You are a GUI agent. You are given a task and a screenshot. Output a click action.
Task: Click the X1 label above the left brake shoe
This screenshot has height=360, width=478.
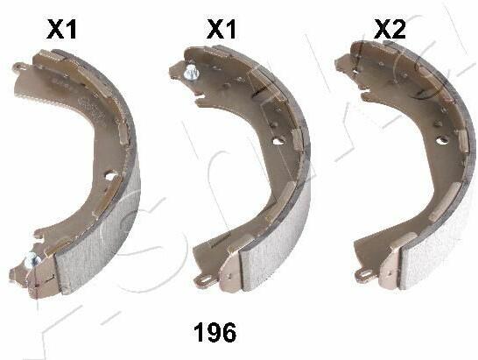[61, 29]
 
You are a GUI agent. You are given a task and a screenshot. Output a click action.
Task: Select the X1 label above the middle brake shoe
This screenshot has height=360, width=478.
[221, 29]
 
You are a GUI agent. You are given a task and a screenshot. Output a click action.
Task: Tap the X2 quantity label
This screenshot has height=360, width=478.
[390, 29]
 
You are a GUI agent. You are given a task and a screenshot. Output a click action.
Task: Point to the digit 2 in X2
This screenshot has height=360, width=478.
[398, 29]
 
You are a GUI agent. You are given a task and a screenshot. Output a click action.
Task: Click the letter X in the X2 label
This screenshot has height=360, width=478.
[383, 29]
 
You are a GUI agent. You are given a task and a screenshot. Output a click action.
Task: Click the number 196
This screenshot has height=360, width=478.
[215, 332]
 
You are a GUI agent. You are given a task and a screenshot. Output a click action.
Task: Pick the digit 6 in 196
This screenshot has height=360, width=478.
[228, 332]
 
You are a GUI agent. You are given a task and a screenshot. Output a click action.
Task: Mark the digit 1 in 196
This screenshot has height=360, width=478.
[199, 332]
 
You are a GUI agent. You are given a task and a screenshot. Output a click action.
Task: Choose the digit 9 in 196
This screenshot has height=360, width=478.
[213, 332]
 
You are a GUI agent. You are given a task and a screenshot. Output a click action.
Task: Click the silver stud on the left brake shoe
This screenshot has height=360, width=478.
[32, 261]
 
